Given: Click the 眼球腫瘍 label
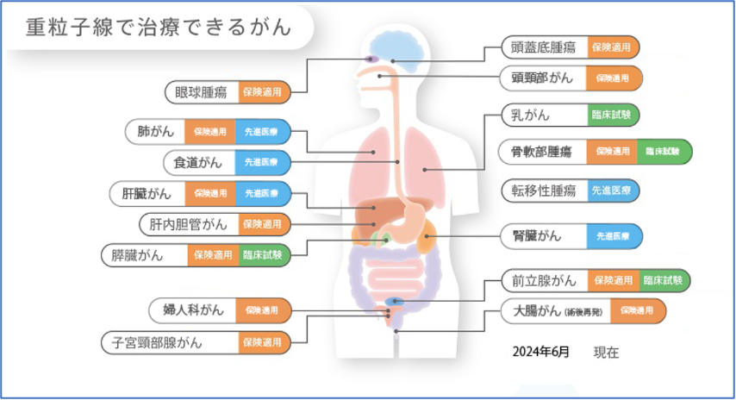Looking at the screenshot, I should (201, 91).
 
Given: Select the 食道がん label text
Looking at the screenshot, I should (198, 161).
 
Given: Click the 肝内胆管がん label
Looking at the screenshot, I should (188, 224).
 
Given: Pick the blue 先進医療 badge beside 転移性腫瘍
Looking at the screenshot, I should (614, 190).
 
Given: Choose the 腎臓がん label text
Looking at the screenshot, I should (536, 234).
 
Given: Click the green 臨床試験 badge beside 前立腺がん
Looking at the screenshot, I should (664, 280).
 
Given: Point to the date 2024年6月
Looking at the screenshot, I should (540, 352).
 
